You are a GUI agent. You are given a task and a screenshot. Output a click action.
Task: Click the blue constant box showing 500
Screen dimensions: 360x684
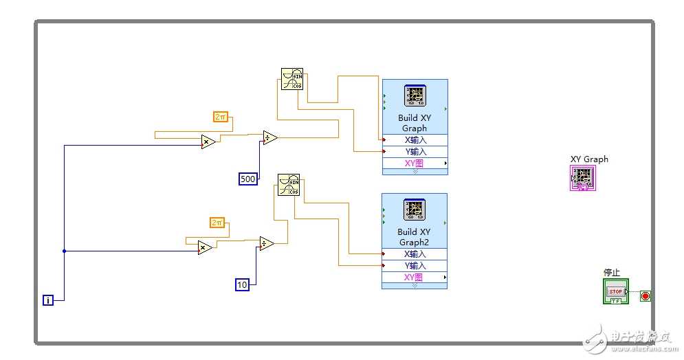click(247, 179)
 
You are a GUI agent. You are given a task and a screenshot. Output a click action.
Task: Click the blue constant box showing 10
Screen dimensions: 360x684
click(242, 284)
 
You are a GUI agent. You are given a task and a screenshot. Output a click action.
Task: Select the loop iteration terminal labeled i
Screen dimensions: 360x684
click(47, 300)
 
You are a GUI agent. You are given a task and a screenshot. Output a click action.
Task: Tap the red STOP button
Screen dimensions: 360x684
click(615, 291)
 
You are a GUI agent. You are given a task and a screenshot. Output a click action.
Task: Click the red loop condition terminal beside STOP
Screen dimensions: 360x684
click(646, 296)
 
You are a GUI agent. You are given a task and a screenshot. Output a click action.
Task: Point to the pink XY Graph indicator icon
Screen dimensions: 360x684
click(582, 178)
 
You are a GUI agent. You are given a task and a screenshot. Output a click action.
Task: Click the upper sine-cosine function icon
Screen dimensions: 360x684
click(291, 78)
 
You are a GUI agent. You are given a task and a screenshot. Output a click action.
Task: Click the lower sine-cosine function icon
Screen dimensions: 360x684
click(289, 184)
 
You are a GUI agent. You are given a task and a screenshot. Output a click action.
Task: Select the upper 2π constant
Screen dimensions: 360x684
click(221, 117)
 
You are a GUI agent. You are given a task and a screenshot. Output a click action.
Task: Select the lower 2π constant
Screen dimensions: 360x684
click(217, 223)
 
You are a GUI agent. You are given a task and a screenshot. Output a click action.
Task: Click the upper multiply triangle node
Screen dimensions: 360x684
click(208, 142)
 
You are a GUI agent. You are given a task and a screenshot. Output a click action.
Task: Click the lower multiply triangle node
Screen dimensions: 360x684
click(205, 247)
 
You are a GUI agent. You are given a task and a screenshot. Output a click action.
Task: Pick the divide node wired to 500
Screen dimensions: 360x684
click(270, 138)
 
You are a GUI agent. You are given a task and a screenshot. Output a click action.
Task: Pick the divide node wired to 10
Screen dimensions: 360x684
click(267, 243)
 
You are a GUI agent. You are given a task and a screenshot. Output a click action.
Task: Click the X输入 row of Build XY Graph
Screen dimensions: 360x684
click(415, 139)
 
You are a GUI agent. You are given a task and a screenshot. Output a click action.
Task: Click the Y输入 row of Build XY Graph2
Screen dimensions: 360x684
click(415, 265)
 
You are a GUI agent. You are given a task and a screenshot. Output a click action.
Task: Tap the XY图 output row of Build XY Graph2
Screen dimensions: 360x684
click(415, 278)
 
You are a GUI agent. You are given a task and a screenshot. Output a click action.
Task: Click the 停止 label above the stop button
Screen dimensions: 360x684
click(612, 273)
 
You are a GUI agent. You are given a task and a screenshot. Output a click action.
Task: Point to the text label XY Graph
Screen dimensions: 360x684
click(589, 159)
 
